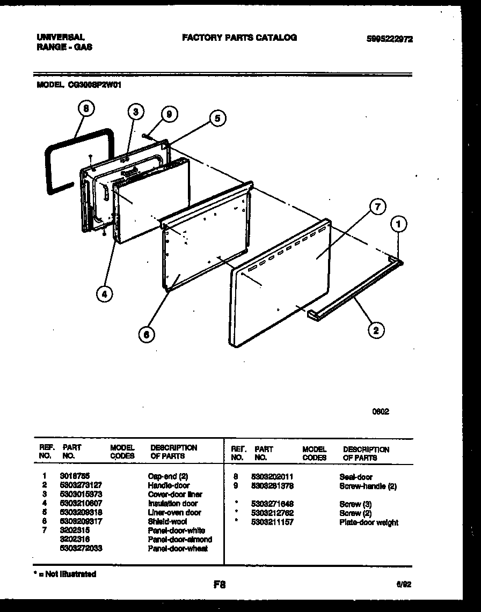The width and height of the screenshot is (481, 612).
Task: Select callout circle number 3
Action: point(136,112)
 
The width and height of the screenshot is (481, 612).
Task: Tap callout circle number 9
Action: point(169,114)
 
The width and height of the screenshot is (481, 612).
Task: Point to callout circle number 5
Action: point(217,119)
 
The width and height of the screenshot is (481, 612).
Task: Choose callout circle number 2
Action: point(376,330)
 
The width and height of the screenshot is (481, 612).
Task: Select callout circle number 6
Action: point(145,335)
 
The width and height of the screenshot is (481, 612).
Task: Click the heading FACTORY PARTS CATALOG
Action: point(239,38)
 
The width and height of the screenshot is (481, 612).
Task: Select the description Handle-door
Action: point(169,485)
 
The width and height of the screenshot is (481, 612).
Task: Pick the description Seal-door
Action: point(356,477)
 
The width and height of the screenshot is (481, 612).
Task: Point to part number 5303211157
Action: point(272,522)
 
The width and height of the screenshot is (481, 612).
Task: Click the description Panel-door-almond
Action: point(180,539)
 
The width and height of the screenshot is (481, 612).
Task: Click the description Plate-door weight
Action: point(369,522)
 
